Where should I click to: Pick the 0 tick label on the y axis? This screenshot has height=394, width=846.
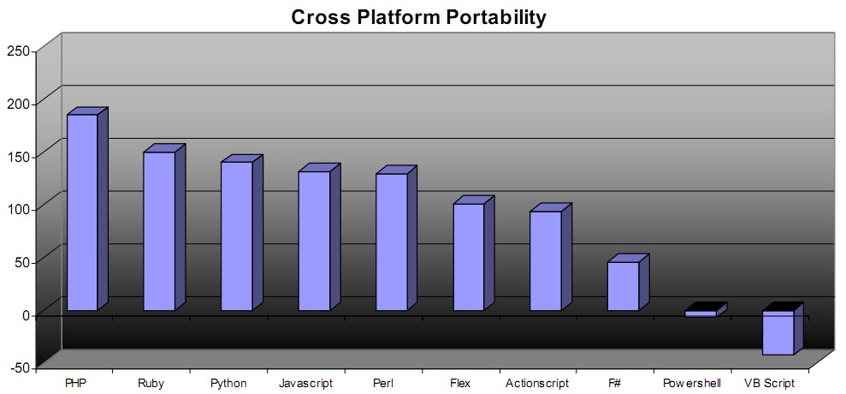[26, 314]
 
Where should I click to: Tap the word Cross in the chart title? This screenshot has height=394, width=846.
[320, 17]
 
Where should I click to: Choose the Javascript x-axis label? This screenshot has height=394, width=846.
[306, 384]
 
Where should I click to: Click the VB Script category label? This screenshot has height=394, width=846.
[769, 384]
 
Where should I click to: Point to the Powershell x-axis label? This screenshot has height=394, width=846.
[692, 384]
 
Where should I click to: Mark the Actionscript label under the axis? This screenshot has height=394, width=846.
[537, 384]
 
